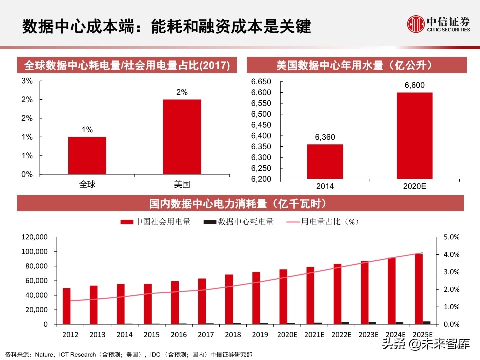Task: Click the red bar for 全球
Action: [x=87, y=155]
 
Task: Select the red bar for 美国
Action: [x=182, y=137]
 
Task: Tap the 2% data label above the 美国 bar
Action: [x=182, y=92]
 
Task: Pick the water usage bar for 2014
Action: [x=325, y=161]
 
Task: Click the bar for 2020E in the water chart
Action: [x=414, y=135]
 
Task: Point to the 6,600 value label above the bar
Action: [x=414, y=85]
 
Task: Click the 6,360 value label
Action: [x=325, y=137]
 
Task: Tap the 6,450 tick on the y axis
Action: [x=261, y=125]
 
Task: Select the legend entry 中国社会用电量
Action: [x=156, y=222]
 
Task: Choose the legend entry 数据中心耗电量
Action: [x=239, y=222]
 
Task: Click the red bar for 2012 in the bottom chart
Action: [x=66, y=306]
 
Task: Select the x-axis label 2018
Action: [x=232, y=334]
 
